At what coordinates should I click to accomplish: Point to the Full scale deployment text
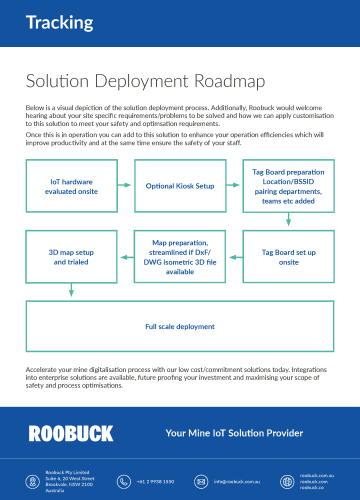pyautogui.click(x=180, y=326)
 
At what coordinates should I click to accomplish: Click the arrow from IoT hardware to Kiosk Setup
pyautogui.click(x=119, y=187)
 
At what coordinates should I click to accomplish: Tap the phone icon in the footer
pyautogui.click(x=124, y=479)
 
